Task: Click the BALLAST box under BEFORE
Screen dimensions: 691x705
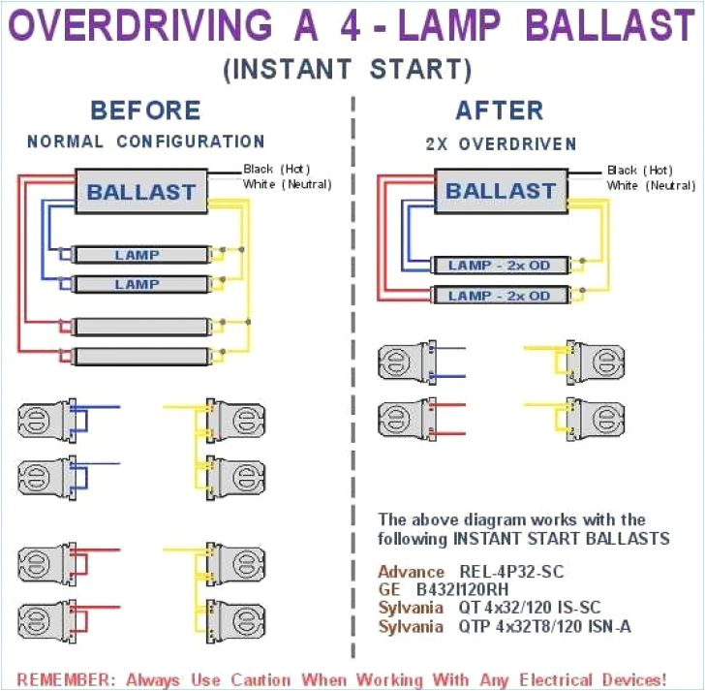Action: [x=141, y=192]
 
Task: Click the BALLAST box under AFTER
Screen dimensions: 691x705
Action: [x=500, y=191]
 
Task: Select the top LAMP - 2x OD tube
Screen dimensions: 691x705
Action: [x=500, y=266]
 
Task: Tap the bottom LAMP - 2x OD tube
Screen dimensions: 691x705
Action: [x=500, y=295]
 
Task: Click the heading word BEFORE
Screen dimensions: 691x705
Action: [x=145, y=110]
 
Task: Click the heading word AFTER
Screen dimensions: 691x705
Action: [x=501, y=110]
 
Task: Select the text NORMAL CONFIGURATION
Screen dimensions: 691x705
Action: [x=146, y=141]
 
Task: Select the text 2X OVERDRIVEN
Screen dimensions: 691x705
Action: [x=501, y=143]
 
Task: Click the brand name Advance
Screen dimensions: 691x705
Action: [x=412, y=572]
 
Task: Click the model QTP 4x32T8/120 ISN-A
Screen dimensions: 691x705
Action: [x=544, y=626]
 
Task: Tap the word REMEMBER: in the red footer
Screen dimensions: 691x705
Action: [x=57, y=678]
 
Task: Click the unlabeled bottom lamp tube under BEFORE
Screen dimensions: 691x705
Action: [x=141, y=356]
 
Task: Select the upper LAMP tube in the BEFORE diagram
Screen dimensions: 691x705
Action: [x=141, y=255]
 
